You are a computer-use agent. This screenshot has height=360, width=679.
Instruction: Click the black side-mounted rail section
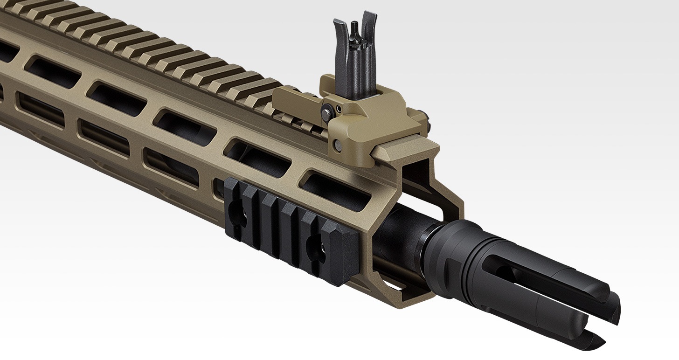click(289, 228)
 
